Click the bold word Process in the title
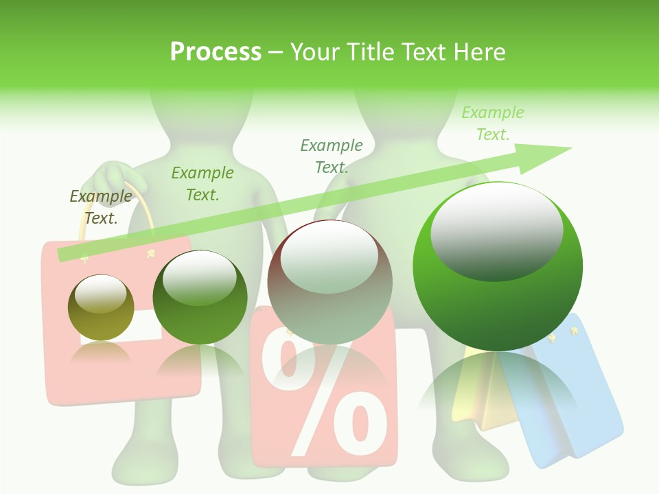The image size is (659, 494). coord(216,52)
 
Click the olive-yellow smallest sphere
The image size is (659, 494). coord(101,307)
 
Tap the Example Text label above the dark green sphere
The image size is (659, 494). coord(203,184)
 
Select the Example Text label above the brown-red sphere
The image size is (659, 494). coord(332,156)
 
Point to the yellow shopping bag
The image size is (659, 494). coord(481,398)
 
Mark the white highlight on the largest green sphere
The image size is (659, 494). coord(496,230)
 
